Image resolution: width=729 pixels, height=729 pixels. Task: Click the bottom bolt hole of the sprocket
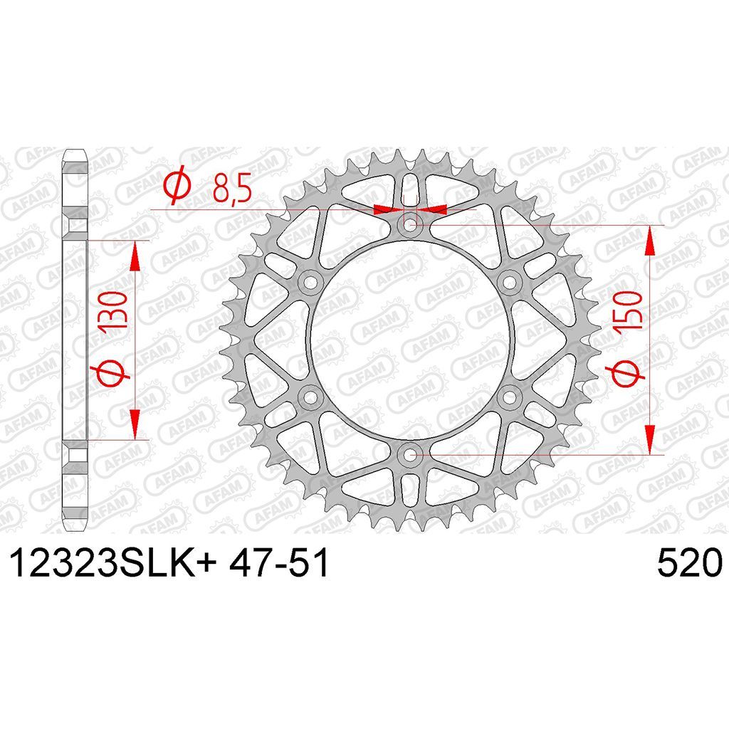[409, 455]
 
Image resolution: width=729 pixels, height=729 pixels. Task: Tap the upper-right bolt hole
[510, 282]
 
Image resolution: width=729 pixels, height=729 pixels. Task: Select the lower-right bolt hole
[510, 397]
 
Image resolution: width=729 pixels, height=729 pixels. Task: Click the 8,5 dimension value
[232, 188]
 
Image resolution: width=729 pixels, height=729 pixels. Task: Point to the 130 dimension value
[113, 311]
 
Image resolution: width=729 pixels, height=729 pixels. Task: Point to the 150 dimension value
[629, 311]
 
